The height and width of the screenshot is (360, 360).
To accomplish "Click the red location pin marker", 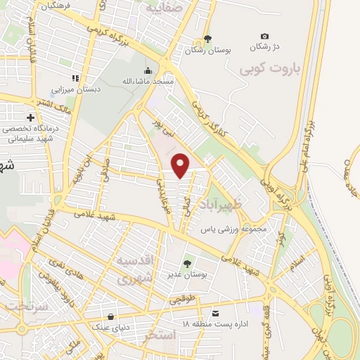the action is (181, 165).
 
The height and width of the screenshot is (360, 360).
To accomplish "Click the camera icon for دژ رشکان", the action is (264, 36).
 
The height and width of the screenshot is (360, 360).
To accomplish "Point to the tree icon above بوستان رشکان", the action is (207, 39).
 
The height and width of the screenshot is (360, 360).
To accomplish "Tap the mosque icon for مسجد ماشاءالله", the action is (148, 70).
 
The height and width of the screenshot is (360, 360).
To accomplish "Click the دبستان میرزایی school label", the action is (77, 90).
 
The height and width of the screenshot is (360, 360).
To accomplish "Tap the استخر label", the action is (159, 336).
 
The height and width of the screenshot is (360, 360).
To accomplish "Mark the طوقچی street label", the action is (181, 300).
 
